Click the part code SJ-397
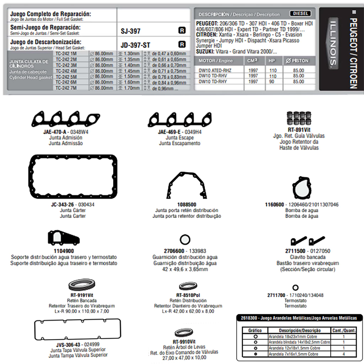pyautogui.click(x=130, y=31)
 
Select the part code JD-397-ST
pyautogui.click(x=135, y=45)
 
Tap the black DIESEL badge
pyautogui.click(x=300, y=14)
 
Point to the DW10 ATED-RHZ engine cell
pyautogui.click(x=215, y=71)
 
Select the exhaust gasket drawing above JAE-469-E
pyautogui.click(x=178, y=119)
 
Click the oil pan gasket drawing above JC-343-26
pyautogui.click(x=73, y=177)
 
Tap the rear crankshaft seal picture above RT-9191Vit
pyautogui.click(x=82, y=285)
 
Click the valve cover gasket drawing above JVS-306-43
pyautogui.click(x=77, y=330)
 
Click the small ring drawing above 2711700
pyautogui.click(x=295, y=288)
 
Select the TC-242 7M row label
pyautogui.click(x=66, y=88)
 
